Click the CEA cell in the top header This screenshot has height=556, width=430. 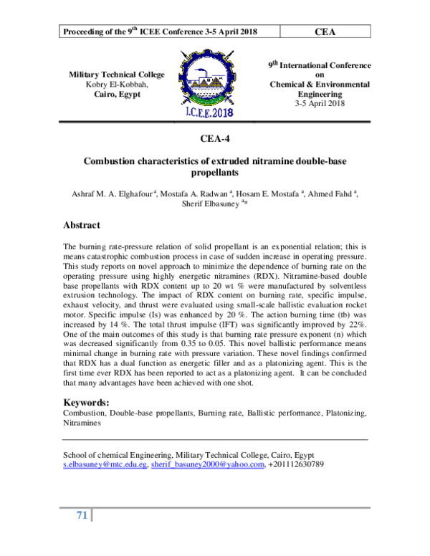[x=325, y=32]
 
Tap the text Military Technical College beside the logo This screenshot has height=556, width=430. [x=116, y=75]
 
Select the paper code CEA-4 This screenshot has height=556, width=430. [x=214, y=140]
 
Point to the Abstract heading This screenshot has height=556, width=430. [x=82, y=225]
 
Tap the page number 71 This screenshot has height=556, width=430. [x=81, y=515]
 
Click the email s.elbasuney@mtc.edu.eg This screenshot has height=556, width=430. [x=105, y=464]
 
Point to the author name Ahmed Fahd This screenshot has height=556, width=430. [x=335, y=193]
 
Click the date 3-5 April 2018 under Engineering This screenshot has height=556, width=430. [x=320, y=103]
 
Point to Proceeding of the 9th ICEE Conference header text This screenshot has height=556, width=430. [x=161, y=32]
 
